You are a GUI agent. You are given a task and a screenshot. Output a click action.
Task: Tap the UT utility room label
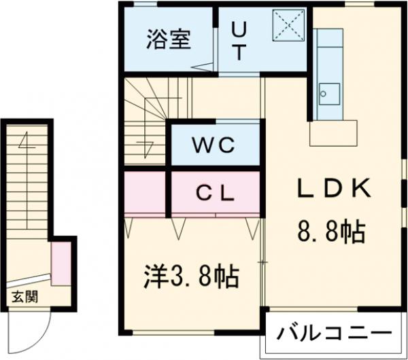point(239,41)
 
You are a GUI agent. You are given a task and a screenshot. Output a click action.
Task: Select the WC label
point(214,145)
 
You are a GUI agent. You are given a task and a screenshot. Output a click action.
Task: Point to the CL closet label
point(215,192)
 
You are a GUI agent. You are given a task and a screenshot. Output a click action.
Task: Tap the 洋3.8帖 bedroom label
point(191,275)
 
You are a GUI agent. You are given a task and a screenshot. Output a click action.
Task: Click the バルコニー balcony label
point(335,334)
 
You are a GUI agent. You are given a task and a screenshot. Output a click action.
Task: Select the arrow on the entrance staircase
point(26,146)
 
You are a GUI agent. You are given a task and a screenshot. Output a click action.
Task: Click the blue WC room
point(215,144)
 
